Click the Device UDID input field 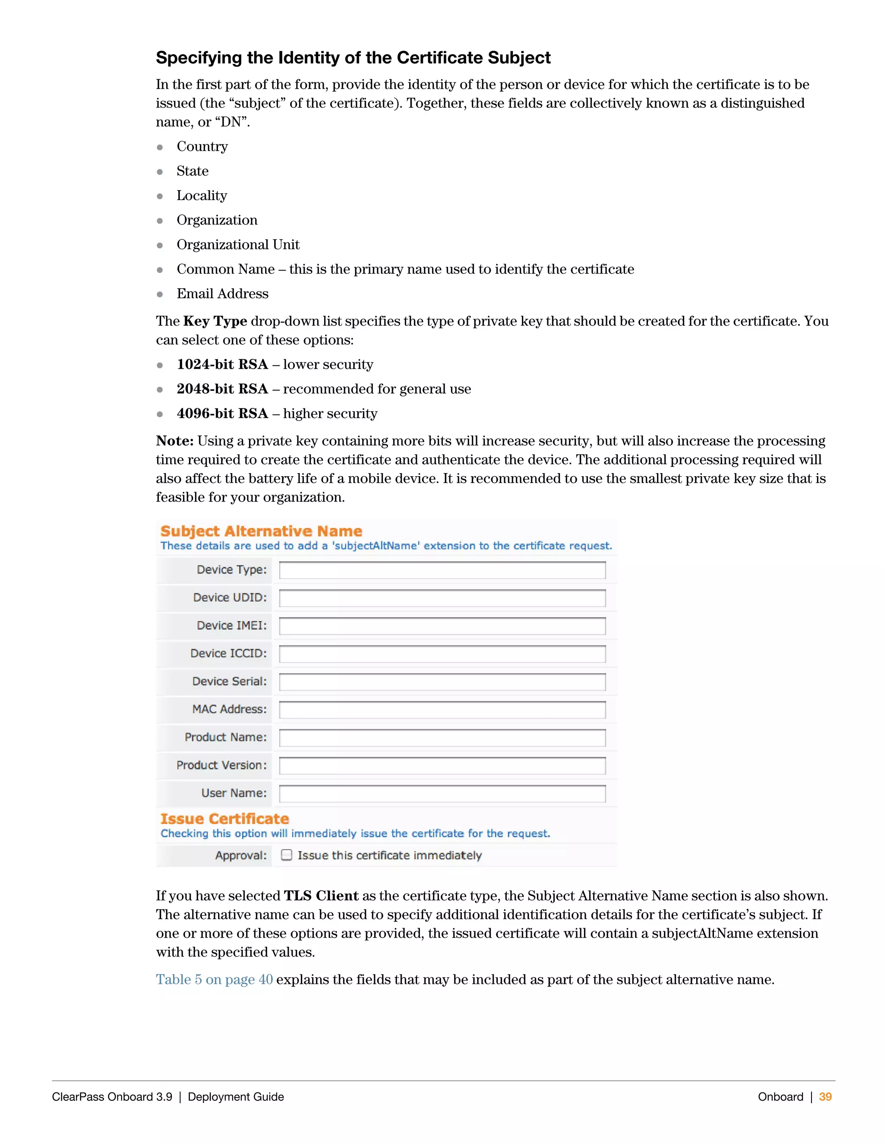[442, 598]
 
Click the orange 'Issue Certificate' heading [224, 819]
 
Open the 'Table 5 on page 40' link [214, 979]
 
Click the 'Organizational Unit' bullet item [238, 245]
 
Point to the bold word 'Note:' [175, 441]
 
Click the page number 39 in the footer [825, 1097]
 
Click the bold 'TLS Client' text [321, 895]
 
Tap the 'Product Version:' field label [221, 765]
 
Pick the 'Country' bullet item [202, 147]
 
